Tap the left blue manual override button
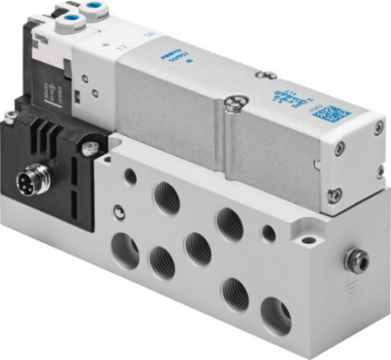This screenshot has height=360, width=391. [x=66, y=15]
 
